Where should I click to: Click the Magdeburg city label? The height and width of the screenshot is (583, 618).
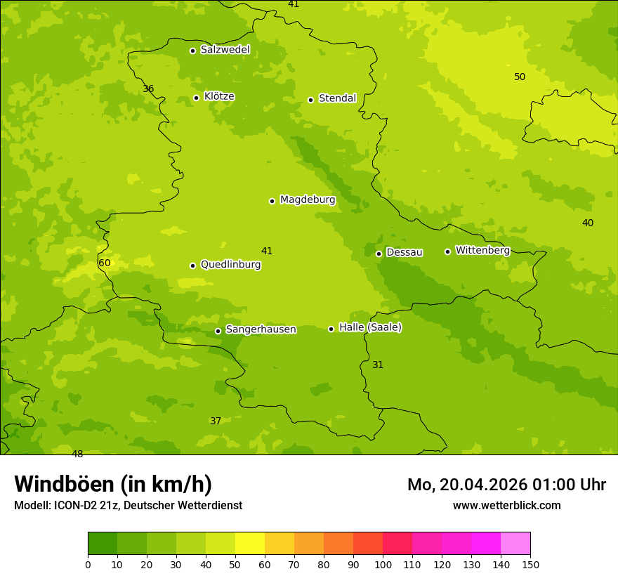click(308, 200)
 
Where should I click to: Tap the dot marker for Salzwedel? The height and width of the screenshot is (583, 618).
click(192, 51)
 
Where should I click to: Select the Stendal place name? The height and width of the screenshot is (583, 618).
click(337, 98)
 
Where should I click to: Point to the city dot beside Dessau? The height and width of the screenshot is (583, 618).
click(379, 254)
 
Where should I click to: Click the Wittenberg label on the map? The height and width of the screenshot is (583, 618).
click(482, 250)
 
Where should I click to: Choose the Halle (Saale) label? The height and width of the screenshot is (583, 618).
click(370, 327)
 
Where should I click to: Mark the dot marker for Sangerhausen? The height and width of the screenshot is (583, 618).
click(218, 331)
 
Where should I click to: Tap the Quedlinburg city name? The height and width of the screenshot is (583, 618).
click(230, 265)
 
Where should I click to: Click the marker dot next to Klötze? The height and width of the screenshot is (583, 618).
click(196, 98)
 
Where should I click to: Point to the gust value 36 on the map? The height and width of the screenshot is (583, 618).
click(148, 89)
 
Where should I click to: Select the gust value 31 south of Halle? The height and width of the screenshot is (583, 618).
click(378, 365)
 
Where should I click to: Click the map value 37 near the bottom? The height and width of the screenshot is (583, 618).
click(216, 421)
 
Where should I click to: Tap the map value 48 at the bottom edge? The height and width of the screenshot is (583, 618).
click(77, 454)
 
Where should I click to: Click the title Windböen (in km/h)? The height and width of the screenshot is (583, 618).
click(113, 484)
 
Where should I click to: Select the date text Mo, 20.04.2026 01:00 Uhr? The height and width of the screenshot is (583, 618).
click(506, 485)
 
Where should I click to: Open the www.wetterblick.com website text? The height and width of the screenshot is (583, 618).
click(506, 505)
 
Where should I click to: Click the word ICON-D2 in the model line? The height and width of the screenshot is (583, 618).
click(74, 506)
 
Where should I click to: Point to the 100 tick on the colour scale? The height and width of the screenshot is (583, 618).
click(383, 564)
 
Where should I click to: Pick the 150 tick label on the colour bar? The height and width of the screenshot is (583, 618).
click(530, 564)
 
